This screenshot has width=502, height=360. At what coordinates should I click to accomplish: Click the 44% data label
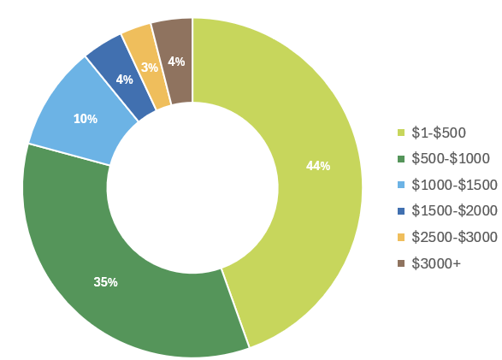tap(318, 166)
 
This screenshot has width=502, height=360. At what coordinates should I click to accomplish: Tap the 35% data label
tap(106, 281)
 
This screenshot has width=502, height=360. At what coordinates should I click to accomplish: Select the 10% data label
tap(85, 119)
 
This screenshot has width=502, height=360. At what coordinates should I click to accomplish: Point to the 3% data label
tap(150, 67)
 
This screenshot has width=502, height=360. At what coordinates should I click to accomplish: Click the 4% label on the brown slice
tap(176, 62)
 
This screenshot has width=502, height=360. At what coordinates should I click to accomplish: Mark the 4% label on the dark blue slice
tap(124, 80)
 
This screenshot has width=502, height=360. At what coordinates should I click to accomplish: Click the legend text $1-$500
tap(439, 133)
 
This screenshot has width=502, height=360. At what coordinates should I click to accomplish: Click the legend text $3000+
tap(436, 263)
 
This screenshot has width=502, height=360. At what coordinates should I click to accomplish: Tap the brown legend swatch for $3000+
tap(400, 263)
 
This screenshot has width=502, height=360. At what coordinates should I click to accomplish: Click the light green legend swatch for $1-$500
tap(400, 133)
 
